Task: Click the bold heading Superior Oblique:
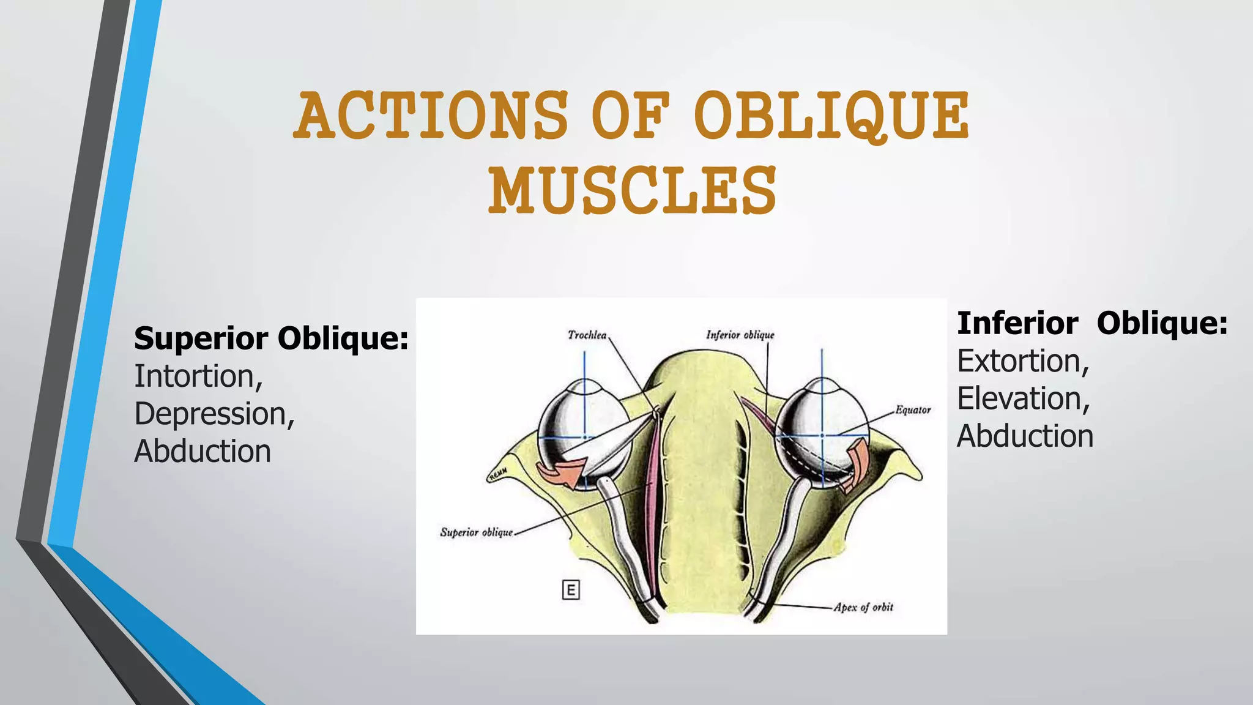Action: [x=271, y=338]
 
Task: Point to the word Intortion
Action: [x=198, y=376]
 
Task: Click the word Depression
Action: [x=214, y=414]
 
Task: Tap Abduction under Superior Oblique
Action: [x=203, y=452]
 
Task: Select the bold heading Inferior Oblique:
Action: [x=1092, y=323]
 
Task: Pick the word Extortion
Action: [x=1022, y=361]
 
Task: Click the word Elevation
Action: [x=1023, y=398]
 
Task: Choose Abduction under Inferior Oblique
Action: [x=1025, y=436]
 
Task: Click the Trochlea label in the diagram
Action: [x=587, y=335]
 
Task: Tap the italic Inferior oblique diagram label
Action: [x=740, y=335]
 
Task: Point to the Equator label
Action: [x=913, y=410]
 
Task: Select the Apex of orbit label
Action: [x=863, y=607]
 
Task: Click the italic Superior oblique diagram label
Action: [x=476, y=532]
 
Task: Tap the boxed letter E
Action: [x=571, y=590]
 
